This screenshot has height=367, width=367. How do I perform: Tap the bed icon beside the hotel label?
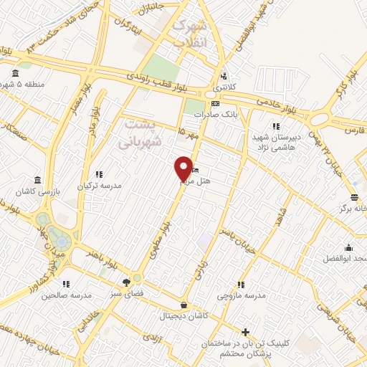point(194,171)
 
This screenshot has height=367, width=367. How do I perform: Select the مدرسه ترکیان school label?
point(100,184)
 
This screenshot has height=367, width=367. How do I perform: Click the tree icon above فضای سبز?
point(127,282)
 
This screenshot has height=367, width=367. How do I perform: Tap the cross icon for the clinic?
point(246,332)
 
